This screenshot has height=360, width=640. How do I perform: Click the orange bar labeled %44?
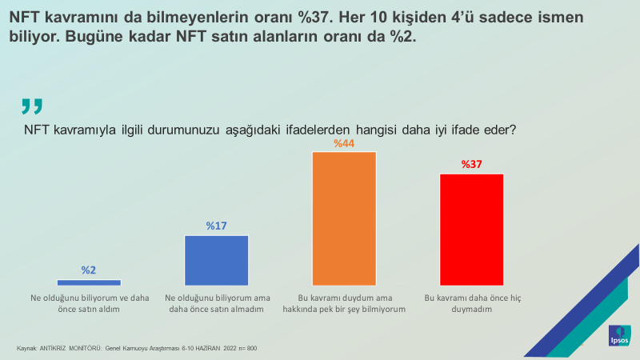tap(344, 218)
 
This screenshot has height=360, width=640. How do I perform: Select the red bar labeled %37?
tap(472, 229)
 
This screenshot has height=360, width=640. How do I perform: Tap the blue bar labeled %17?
tap(216, 260)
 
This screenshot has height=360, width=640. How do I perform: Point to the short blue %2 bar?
tap(89, 282)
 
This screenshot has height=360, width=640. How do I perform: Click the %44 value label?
tap(344, 143)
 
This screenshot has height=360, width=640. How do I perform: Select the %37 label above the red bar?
tap(472, 165)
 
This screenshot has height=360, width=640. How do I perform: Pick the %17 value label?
tap(217, 226)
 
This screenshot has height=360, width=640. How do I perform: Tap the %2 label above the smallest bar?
tap(89, 270)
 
